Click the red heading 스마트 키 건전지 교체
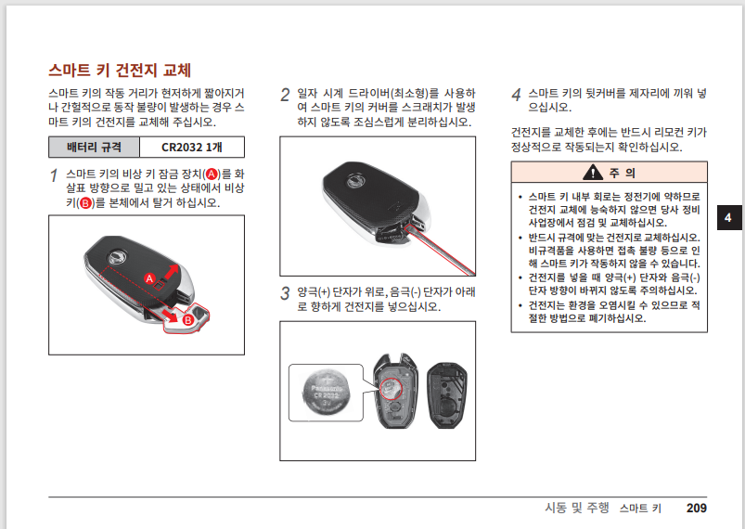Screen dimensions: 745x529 (x=120, y=71)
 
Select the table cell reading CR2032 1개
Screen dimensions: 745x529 (x=192, y=147)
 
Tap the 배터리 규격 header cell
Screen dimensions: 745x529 (x=94, y=147)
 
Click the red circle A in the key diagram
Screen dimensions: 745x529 (x=149, y=278)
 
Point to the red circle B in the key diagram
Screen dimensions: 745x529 (x=187, y=320)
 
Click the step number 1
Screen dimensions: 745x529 (x=54, y=175)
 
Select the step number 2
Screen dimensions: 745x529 (x=285, y=95)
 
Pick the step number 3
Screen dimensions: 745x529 (x=285, y=293)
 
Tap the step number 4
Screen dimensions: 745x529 (x=517, y=95)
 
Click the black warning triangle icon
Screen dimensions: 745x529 (x=593, y=172)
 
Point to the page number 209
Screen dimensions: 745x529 (x=697, y=508)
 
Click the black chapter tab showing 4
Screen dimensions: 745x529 (x=728, y=218)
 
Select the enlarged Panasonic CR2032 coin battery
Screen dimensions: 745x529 (x=326, y=393)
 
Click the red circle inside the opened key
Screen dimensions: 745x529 (x=391, y=390)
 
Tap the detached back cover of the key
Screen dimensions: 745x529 (x=446, y=395)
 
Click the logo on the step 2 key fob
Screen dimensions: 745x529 (x=353, y=181)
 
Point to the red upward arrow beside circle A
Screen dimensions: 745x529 (x=171, y=273)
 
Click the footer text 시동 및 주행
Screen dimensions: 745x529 (x=577, y=508)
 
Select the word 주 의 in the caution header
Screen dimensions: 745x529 (x=622, y=173)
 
